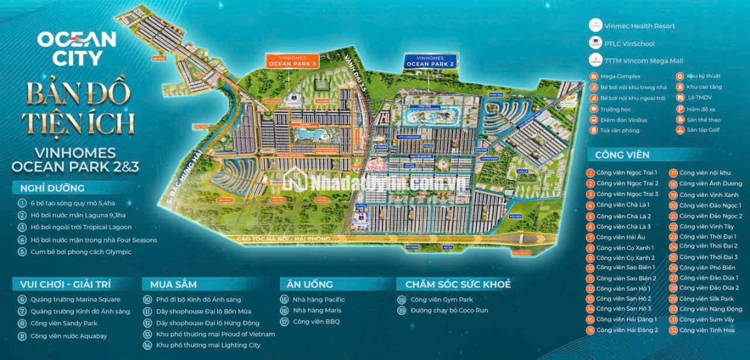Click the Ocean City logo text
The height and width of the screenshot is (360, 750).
77,48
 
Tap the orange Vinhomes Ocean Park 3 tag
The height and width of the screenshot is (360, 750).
292,61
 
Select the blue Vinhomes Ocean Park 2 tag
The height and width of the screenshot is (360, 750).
430,61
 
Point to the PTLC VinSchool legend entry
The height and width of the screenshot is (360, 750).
621,44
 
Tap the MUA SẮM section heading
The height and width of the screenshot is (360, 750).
173,284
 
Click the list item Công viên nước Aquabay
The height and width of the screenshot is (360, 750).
68,336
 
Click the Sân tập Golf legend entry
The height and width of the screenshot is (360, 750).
704,130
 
